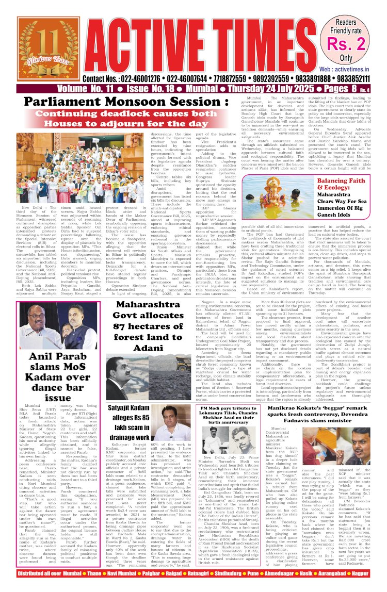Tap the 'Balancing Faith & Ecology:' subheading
pyautogui.click(x=348, y=184)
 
